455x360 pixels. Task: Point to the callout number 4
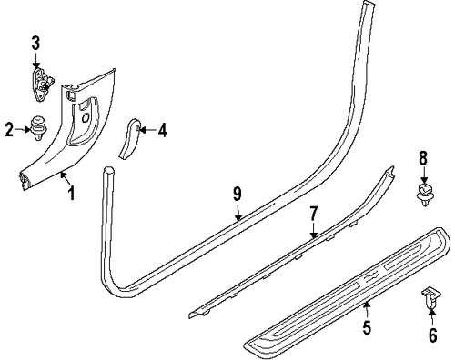point(162,130)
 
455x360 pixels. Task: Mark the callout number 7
point(314,215)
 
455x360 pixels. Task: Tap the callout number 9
point(236,193)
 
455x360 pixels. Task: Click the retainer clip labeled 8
point(422,192)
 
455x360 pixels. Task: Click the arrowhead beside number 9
point(238,217)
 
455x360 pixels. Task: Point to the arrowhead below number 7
point(314,237)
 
